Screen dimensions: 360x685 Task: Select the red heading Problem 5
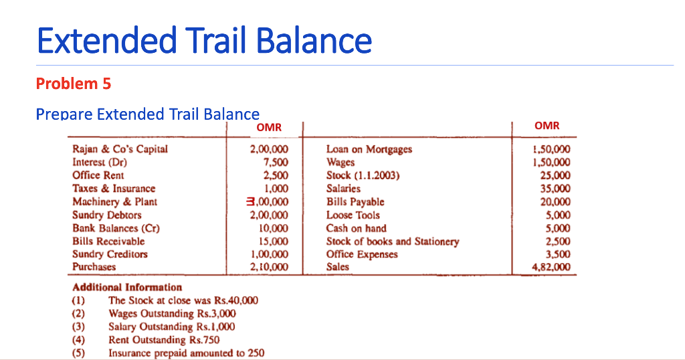tap(73, 84)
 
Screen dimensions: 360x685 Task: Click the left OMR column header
tap(269, 127)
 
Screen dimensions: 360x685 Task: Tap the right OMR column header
tap(547, 126)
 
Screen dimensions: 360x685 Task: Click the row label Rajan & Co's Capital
tap(120, 149)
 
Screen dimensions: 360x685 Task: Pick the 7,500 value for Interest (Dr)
tap(276, 163)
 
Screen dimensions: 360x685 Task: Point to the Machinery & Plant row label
tap(114, 201)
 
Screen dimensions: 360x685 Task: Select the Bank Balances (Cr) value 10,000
tap(274, 228)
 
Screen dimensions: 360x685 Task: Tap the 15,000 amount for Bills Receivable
tap(274, 241)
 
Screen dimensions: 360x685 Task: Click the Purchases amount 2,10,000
tap(268, 267)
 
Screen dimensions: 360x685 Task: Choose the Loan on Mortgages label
tap(369, 149)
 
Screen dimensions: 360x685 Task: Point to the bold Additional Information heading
tap(127, 287)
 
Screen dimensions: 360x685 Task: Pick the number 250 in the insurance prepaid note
tap(255, 353)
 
